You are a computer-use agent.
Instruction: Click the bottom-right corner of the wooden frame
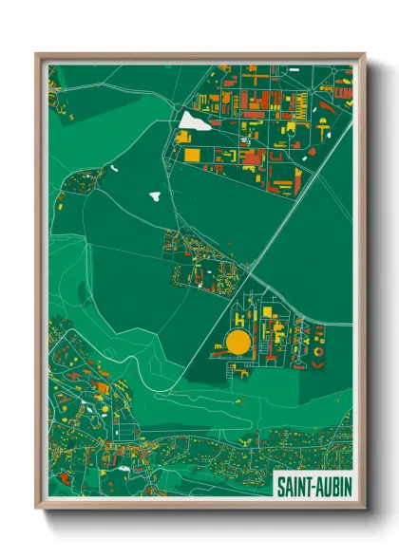(x=364, y=512)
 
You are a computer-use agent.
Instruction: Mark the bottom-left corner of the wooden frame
(x=36, y=512)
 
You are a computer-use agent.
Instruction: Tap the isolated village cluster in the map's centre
(x=195, y=256)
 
